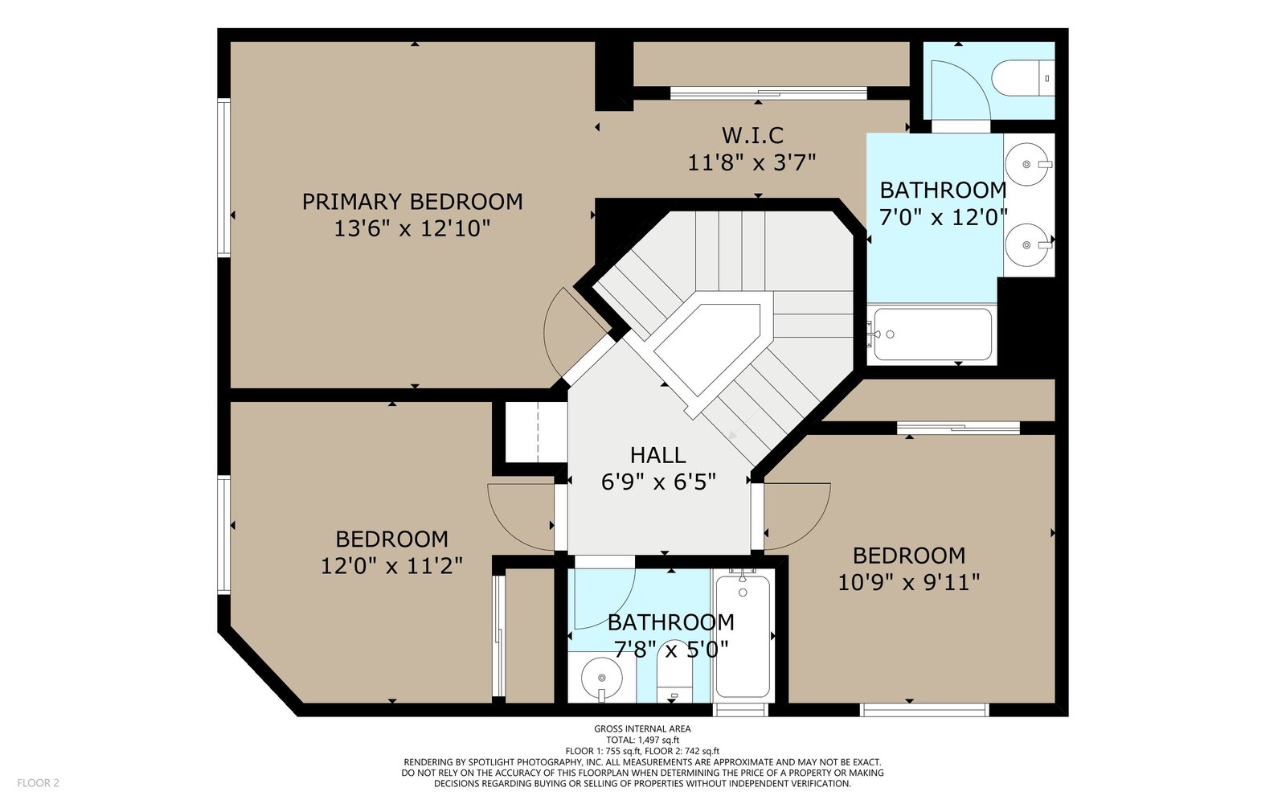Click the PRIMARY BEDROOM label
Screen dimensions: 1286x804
(x=412, y=202)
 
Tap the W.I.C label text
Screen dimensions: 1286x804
(x=752, y=136)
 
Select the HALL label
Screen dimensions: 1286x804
(x=658, y=455)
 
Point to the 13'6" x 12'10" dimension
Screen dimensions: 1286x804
(x=412, y=229)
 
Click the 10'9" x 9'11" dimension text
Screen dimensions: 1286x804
(x=909, y=583)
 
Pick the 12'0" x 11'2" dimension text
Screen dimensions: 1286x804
(x=391, y=566)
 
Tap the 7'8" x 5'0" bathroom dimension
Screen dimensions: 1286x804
(x=671, y=650)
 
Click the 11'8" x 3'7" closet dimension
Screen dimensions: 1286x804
(x=752, y=162)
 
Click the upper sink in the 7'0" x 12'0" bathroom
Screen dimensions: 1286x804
(x=1027, y=164)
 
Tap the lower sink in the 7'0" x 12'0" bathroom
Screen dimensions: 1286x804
(x=1027, y=245)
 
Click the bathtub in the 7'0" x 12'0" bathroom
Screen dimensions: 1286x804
(x=932, y=334)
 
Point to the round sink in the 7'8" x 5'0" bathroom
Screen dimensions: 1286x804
(x=602, y=679)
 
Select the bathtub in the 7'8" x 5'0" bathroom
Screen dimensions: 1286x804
(x=743, y=634)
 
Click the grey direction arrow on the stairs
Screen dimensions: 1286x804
(x=743, y=425)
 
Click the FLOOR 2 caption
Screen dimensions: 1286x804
(x=38, y=783)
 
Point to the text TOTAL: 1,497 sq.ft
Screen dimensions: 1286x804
(x=642, y=740)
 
